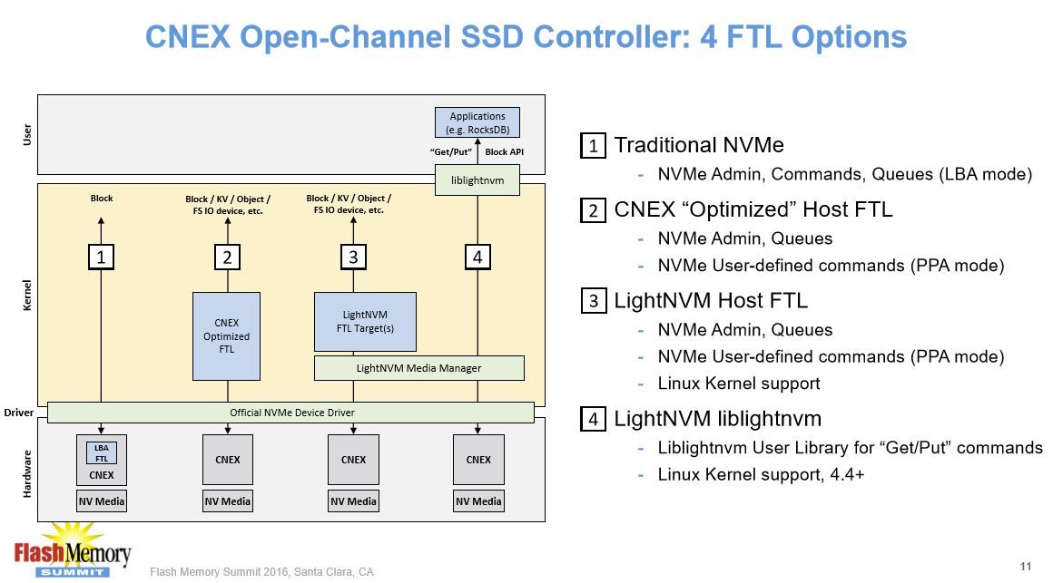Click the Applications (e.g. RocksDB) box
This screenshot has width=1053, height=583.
point(477,122)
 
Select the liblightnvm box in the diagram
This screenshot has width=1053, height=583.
point(477,180)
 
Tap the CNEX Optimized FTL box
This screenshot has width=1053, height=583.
point(226,335)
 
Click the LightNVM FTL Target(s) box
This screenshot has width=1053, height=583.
point(365,321)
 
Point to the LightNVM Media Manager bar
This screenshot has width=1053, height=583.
point(418,368)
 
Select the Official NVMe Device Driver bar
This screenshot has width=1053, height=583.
point(290,413)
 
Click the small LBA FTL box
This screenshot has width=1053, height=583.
point(102,452)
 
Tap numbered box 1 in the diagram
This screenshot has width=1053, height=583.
point(102,257)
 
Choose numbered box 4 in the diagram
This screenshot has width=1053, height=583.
point(477,257)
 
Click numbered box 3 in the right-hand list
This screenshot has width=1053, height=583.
point(593,300)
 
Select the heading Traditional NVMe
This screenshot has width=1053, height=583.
point(698,145)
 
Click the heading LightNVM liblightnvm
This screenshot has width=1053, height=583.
point(717,419)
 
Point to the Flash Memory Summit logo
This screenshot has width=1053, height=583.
point(73,550)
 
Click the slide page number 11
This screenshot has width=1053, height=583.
point(1026,567)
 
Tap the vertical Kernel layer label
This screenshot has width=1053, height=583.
point(27,295)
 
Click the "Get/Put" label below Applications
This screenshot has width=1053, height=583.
point(451,152)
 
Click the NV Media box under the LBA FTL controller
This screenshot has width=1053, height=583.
point(102,501)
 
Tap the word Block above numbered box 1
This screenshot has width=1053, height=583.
point(102,198)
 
